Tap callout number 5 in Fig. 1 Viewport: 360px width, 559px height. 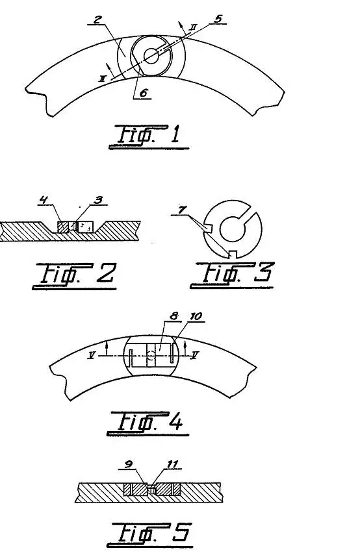coord(218,19)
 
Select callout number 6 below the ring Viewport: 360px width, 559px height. coord(143,93)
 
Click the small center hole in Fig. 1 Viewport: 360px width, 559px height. coord(151,56)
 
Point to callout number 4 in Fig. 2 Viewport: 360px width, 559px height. coord(44,200)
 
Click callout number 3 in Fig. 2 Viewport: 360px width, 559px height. coord(97,200)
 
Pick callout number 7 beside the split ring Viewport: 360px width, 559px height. coord(183,210)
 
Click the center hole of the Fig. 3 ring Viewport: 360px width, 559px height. coord(232,229)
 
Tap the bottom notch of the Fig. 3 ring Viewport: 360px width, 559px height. coord(233,253)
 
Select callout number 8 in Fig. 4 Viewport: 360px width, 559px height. coord(174,316)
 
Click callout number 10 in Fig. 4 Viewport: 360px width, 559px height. coord(196,316)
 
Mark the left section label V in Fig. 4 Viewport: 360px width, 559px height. coord(92,355)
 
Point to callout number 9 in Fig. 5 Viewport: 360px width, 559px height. coord(129,464)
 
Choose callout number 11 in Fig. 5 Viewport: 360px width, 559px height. coord(172,464)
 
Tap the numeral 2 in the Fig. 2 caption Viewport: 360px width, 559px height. coord(106,273)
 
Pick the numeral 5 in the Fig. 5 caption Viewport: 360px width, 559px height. coord(181,532)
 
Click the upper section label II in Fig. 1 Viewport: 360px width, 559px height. coord(193,27)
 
